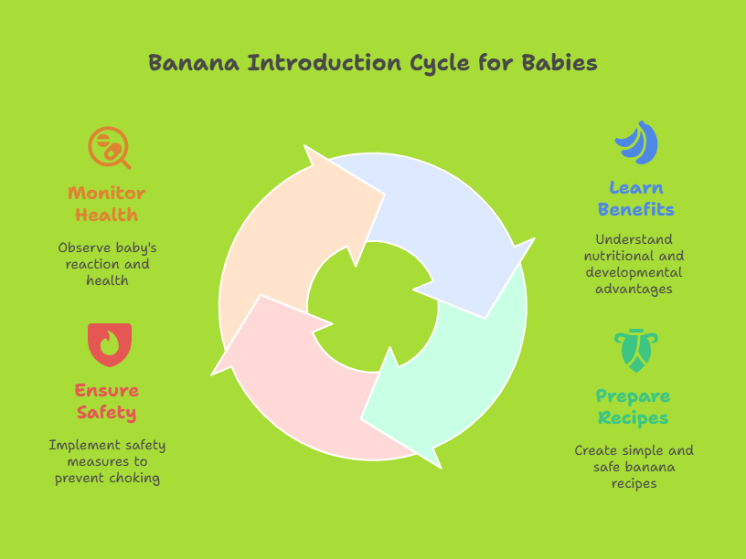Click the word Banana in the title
194,63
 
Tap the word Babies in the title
559,63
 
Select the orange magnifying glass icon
110,148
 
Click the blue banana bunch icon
636,142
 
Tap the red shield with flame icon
110,344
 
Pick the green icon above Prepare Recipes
636,351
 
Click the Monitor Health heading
107,204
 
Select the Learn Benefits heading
636,199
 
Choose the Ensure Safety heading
107,402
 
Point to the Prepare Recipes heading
634,406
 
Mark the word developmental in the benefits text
634,273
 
